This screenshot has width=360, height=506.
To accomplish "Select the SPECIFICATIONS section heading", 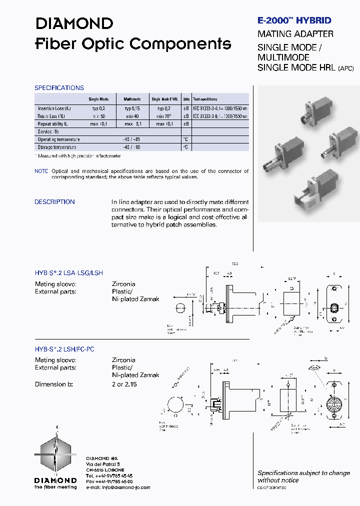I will click(x=59, y=88).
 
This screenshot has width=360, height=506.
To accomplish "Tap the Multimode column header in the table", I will click(x=132, y=99).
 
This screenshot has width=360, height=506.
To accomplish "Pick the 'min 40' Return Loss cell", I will click(x=132, y=116).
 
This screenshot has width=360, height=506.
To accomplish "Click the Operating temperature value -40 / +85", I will click(x=133, y=139).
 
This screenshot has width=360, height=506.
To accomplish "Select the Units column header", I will click(x=186, y=99).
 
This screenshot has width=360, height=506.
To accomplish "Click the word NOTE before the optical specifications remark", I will click(x=41, y=171).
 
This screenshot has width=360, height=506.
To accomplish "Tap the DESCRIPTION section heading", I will click(x=54, y=202).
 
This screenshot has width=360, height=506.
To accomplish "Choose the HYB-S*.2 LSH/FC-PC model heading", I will click(x=64, y=349).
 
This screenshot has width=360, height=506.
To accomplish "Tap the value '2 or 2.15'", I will click(x=124, y=384).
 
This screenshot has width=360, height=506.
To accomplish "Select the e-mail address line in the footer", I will click(x=118, y=487).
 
